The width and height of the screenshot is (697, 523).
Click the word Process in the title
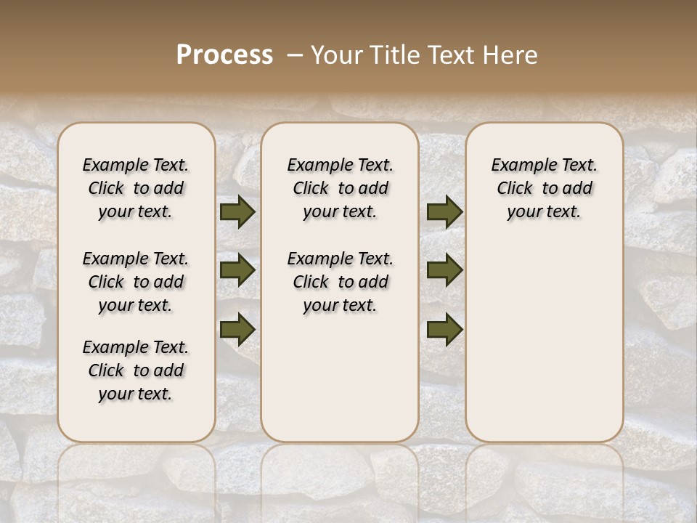tap(224, 55)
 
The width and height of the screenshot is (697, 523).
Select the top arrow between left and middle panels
tap(237, 212)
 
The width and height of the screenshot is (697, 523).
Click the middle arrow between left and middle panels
tap(237, 271)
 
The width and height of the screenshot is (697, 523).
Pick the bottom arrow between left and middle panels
tap(237, 329)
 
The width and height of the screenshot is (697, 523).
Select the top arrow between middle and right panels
tap(444, 212)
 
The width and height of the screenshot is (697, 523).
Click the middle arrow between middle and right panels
tap(444, 271)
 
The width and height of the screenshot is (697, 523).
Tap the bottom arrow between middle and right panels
tap(444, 329)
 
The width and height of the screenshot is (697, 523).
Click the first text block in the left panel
tap(136, 188)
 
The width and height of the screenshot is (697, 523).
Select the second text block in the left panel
tap(136, 282)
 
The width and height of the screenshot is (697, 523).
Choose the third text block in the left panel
tap(136, 370)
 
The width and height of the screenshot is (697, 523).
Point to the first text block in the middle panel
tap(340, 188)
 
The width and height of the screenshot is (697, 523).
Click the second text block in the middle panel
tap(340, 282)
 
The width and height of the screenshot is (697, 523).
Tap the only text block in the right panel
tap(545, 188)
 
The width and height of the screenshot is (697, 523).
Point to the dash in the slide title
tap(294, 55)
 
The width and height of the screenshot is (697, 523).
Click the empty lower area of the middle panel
tap(340, 378)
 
